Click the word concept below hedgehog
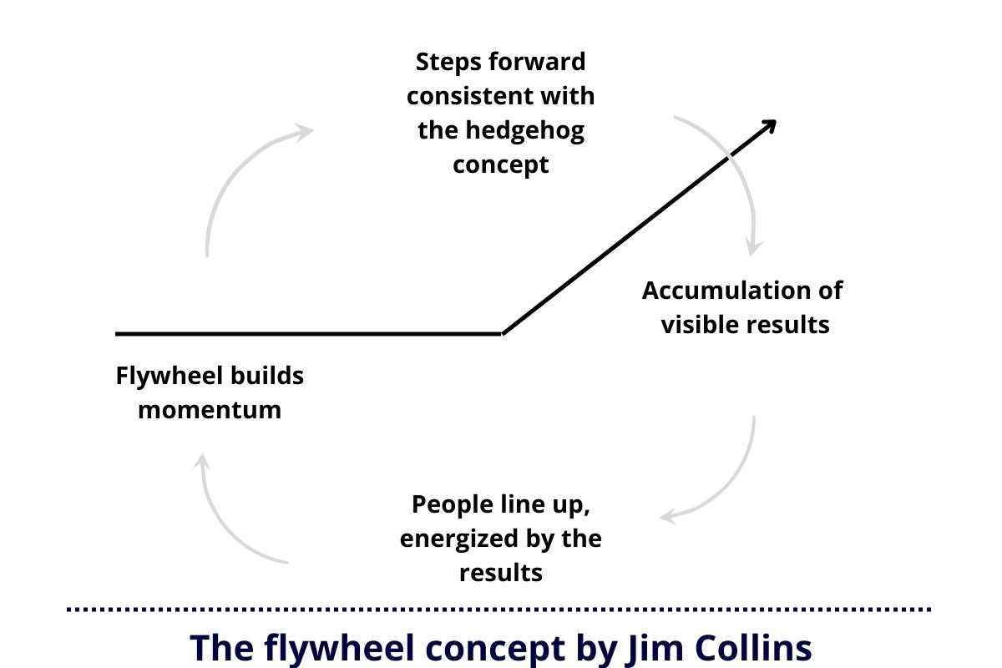tap(501, 164)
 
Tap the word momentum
tap(210, 410)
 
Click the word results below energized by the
tap(501, 573)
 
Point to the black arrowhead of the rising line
tap(769, 125)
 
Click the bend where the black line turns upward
tap(502, 333)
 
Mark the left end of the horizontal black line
tap(119, 333)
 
